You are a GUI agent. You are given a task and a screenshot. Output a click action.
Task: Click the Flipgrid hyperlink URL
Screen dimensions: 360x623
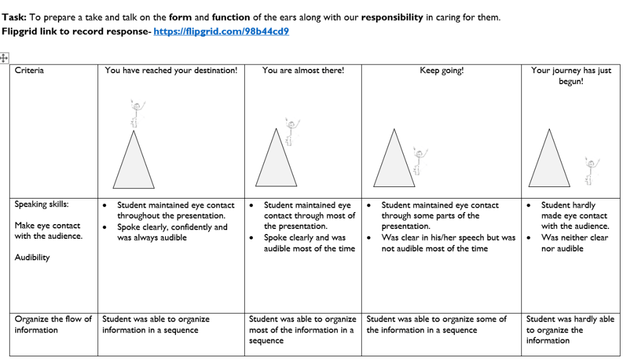click(221, 31)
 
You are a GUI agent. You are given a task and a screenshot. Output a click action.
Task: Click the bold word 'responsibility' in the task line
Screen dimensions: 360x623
click(392, 17)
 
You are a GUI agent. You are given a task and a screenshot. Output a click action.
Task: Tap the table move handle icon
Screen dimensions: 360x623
click(4, 58)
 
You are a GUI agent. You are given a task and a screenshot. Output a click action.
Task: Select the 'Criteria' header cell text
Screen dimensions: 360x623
click(29, 71)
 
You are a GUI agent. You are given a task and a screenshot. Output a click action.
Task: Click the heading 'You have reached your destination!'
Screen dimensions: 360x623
click(171, 71)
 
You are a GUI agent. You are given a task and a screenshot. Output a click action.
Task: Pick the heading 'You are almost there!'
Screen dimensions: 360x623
click(303, 71)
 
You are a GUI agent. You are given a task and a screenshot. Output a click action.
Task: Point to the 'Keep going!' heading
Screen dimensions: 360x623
click(441, 71)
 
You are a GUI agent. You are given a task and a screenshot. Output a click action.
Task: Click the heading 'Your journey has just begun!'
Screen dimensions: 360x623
click(571, 76)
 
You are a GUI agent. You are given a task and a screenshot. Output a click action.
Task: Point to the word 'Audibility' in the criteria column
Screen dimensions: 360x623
click(32, 258)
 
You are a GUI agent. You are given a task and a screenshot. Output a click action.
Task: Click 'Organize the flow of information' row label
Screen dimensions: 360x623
click(53, 325)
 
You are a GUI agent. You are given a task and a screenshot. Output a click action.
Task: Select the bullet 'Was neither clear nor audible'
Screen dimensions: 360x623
click(574, 243)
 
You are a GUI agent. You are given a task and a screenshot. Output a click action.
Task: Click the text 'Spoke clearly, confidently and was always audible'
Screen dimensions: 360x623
click(172, 232)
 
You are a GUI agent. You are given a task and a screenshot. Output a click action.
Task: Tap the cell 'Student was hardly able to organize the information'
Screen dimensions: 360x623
click(570, 330)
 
